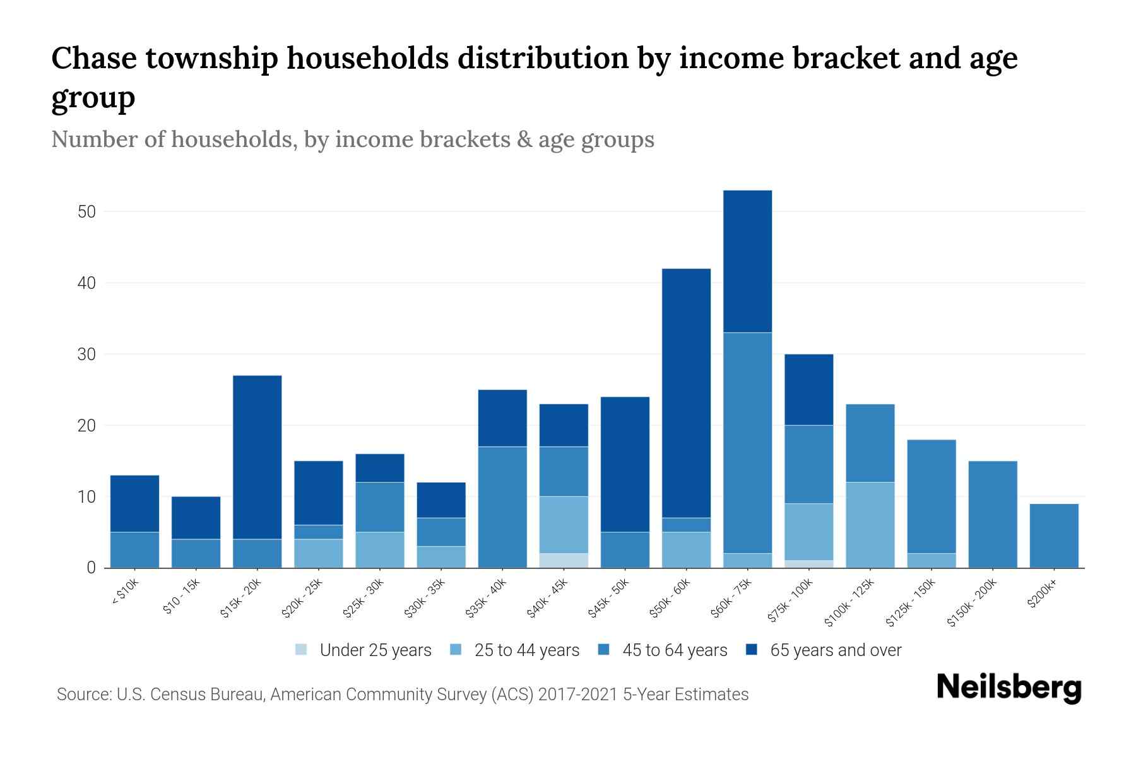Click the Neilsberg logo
pos(1009,688)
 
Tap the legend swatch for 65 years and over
pos(752,650)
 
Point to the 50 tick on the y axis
pos(86,212)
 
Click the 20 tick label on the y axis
pos(86,426)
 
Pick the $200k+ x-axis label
pos(1042,595)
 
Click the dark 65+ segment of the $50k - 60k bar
pos(686,391)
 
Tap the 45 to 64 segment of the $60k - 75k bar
pos(747,442)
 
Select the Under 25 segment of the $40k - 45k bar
pos(564,560)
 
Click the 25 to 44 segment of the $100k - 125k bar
pos(870,525)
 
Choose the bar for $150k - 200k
pos(992,514)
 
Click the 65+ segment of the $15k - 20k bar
pos(257,457)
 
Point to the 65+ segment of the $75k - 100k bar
pos(808,389)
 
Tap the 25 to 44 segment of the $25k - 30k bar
pos(380,549)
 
